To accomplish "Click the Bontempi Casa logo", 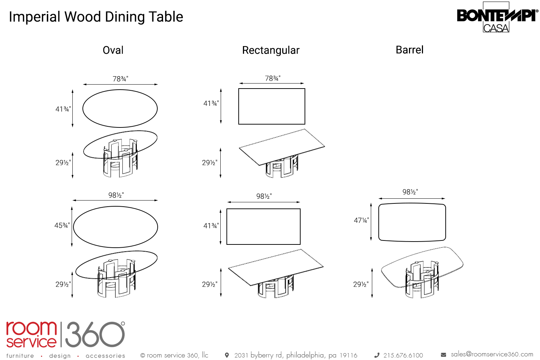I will coord(497,17).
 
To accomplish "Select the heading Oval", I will coord(113,50).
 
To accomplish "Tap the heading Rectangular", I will coord(271,50).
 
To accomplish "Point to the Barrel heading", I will coord(409,50).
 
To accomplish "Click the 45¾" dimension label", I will coord(62,225).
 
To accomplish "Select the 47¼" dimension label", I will coord(361,220).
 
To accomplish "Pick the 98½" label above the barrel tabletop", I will coord(410,192).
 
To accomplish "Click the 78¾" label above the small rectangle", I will coord(273,78).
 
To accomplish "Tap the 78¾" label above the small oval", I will coord(120,78).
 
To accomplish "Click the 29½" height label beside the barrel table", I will coord(361,284).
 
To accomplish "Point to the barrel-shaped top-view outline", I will coord(412,222).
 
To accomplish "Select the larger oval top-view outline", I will coord(116,227).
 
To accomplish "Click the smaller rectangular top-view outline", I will coord(272,107).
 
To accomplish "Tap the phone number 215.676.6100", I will coord(403,355).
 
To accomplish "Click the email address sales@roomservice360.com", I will coord(492,354).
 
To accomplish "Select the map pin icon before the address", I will coord(227,355).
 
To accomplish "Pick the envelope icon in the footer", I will coord(444,355).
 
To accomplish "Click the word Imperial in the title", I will coord(35,17).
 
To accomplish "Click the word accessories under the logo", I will coord(105,356).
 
